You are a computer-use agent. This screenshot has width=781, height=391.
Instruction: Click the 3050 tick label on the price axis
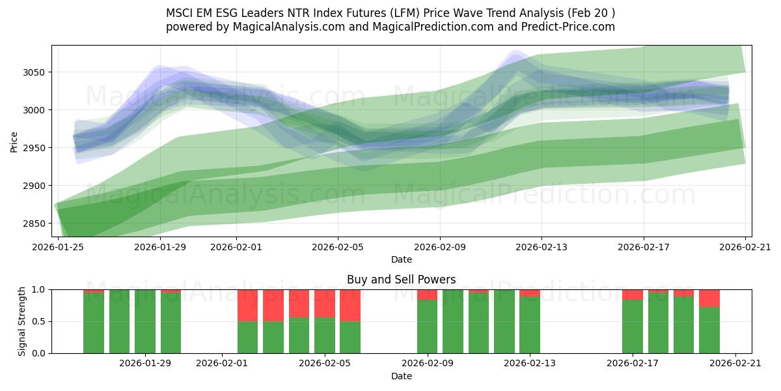pyautogui.click(x=33, y=72)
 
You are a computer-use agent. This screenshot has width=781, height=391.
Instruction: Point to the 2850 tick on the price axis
pyautogui.click(x=33, y=224)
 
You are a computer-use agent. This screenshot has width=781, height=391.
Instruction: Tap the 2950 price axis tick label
pyautogui.click(x=33, y=148)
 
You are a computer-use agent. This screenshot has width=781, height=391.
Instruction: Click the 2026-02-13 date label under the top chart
pyautogui.click(x=541, y=247)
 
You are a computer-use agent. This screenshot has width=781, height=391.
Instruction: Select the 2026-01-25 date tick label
pyautogui.click(x=59, y=247)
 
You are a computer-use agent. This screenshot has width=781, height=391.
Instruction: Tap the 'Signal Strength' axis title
pyautogui.click(x=22, y=321)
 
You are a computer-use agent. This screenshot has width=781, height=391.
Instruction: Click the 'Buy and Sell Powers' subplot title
pyautogui.click(x=401, y=280)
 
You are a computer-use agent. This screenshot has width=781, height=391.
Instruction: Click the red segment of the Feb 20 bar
pyautogui.click(x=709, y=298)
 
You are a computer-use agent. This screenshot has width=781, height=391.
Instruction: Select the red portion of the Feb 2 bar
pyautogui.click(x=247, y=305)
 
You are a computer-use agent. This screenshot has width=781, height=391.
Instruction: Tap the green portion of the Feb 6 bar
pyautogui.click(x=350, y=337)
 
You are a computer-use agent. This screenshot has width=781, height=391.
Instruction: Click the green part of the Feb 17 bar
pyautogui.click(x=632, y=326)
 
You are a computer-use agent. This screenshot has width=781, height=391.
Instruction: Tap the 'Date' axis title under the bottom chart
pyautogui.click(x=401, y=376)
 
